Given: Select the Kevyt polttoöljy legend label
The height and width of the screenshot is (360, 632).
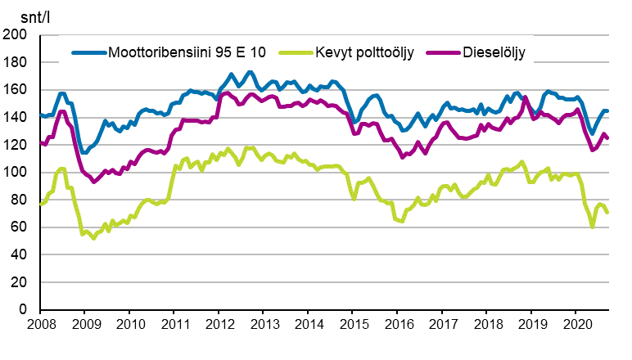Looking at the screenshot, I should pos(363,52).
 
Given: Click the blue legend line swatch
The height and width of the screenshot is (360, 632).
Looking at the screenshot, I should pos(88,52).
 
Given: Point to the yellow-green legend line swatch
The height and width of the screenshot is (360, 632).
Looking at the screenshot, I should pos(294,52).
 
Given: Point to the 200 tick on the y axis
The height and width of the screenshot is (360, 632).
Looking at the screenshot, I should pos(15,35).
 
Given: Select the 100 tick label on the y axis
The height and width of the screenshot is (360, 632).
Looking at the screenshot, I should pos(15,173).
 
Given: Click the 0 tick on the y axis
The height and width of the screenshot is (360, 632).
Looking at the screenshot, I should pos(22,310).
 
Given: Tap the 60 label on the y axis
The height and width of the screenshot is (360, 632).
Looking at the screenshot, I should pos(18,227).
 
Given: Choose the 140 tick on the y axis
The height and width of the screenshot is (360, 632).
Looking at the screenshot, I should pos(15,118).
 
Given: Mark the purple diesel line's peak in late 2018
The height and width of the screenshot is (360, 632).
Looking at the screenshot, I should pos(526,98).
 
